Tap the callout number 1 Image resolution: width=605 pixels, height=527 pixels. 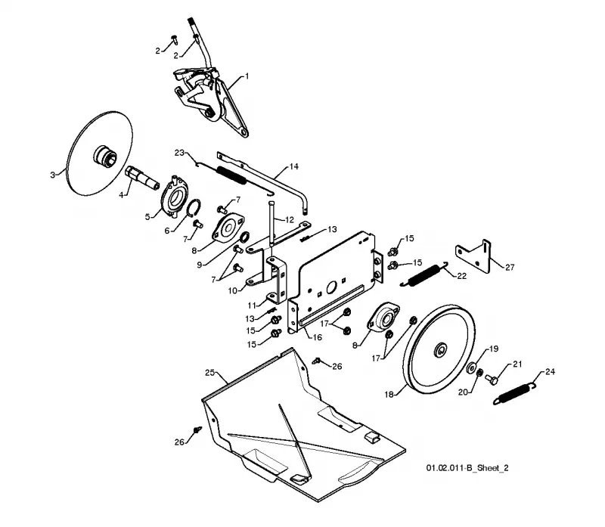247,76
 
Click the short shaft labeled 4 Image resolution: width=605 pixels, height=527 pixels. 142,178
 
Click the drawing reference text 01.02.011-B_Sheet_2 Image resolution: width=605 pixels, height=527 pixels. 467,468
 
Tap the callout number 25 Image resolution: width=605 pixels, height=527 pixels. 210,373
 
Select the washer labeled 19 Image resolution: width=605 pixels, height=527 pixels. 470,367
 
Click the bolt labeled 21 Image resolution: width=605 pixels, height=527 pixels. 492,379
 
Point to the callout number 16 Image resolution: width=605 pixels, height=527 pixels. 317,337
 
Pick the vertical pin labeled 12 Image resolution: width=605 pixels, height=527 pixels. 271,224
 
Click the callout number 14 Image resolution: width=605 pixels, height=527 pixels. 293,166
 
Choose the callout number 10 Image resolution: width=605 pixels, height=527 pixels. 232,290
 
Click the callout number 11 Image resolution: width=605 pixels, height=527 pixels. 252,305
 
